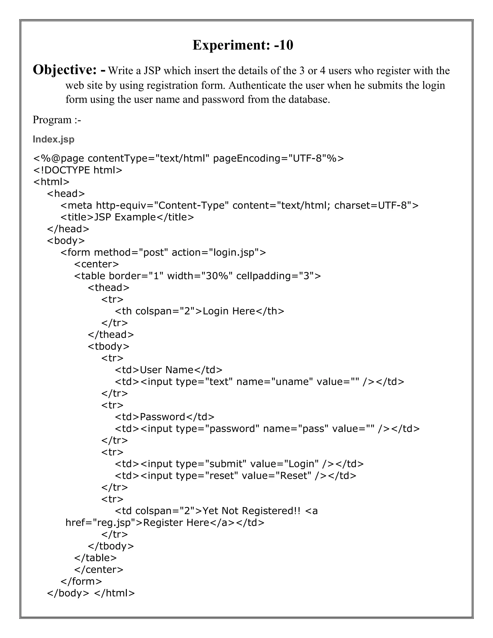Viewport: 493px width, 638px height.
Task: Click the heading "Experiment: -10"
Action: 243,45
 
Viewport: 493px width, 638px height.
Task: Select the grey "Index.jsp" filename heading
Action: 53,139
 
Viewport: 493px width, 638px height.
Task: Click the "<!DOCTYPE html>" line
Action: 78,170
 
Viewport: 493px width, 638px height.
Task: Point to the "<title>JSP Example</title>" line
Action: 127,217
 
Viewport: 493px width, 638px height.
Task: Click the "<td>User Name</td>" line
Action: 169,370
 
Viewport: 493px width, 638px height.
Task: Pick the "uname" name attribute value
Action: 292,382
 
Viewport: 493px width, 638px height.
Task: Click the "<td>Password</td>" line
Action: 164,417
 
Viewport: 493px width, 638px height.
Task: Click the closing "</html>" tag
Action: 115,593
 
